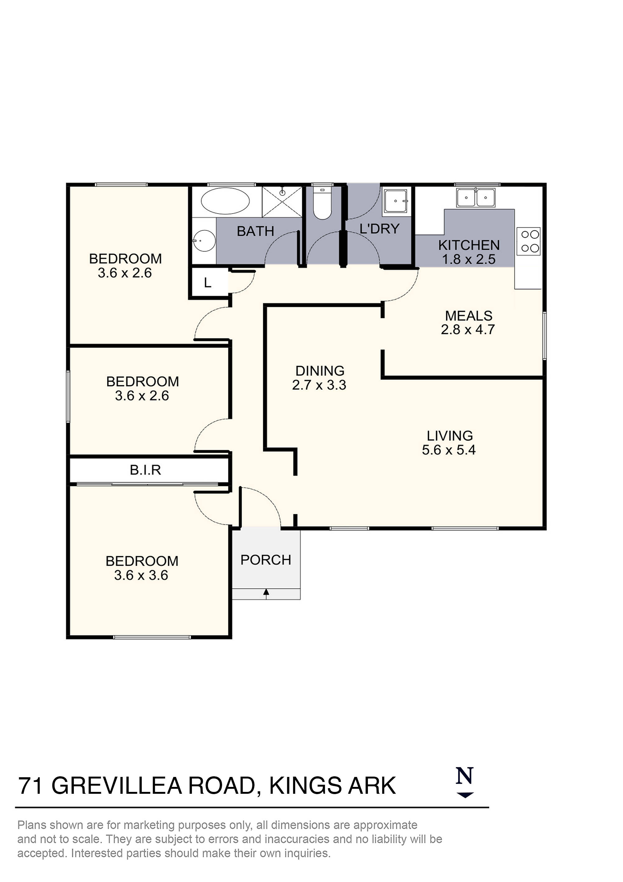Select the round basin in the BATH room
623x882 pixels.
[x=204, y=241]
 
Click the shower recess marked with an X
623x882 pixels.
[x=282, y=202]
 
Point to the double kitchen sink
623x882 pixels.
[x=476, y=198]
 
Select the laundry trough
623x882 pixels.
[x=395, y=200]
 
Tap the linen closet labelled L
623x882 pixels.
[x=208, y=283]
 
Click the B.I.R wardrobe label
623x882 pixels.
[x=145, y=470]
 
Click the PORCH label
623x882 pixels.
[x=266, y=560]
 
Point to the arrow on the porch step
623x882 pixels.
[x=266, y=593]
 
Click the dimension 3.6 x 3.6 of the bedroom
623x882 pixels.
[x=141, y=575]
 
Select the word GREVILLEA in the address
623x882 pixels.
[x=116, y=786]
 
